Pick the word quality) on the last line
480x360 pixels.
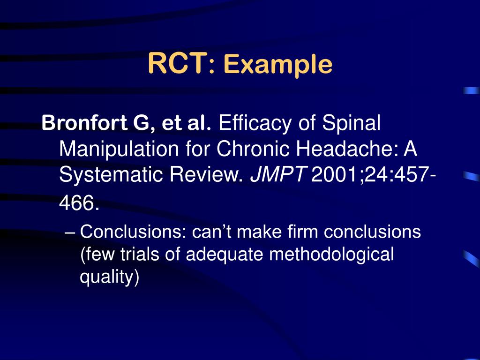(x=109, y=277)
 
